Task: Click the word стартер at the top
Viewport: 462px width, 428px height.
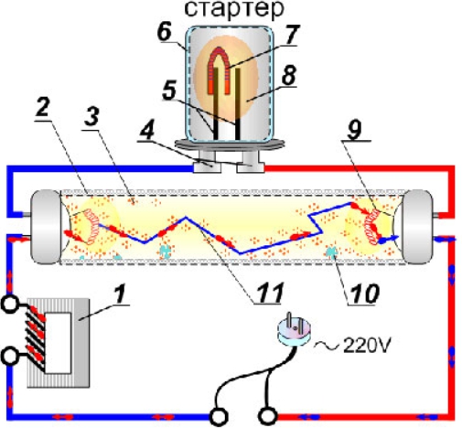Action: pyautogui.click(x=234, y=9)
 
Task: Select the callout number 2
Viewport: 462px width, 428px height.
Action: pyautogui.click(x=43, y=108)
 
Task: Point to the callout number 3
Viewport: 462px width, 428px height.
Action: pyautogui.click(x=91, y=116)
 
